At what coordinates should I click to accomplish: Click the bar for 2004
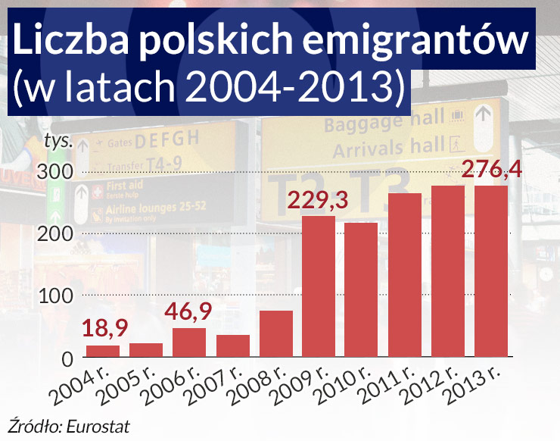coord(103,352)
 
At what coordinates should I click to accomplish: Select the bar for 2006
coord(189,342)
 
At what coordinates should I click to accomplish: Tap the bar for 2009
coord(319,286)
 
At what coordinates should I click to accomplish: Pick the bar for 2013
coord(491,271)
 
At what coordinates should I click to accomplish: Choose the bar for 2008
coord(275,333)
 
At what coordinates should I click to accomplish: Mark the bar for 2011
coord(405,275)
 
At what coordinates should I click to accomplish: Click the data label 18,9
coord(106,328)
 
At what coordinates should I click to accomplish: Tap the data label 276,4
coord(491,168)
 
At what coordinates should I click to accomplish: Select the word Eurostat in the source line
coord(104,425)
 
